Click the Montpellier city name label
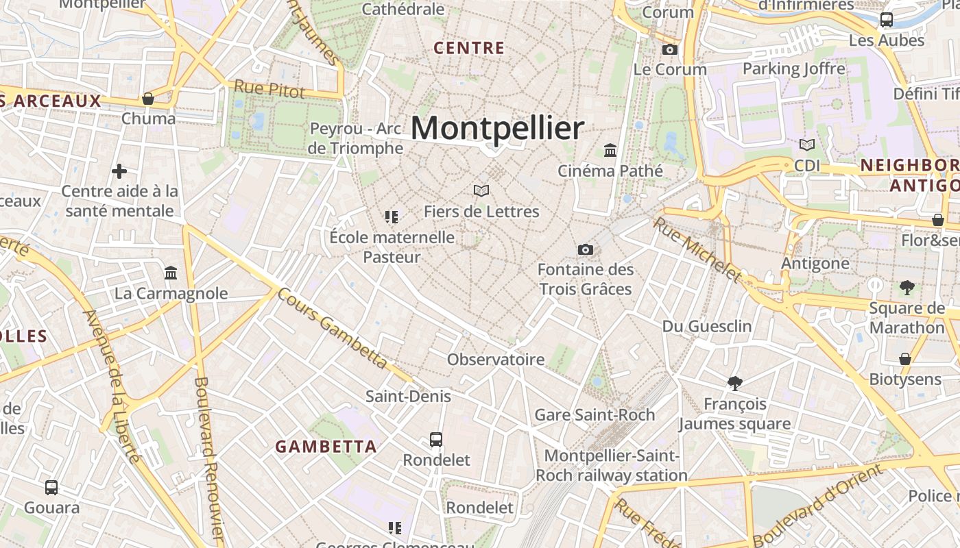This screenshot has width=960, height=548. coord(497,128)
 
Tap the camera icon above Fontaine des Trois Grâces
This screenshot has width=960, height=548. coord(586,249)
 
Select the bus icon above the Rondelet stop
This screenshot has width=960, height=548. coord(436,439)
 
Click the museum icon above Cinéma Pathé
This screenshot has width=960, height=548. coord(610,150)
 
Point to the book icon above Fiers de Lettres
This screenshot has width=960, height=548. coord(481,190)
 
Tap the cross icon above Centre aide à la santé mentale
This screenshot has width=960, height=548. coord(119,171)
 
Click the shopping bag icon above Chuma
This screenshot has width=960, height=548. coord(148,99)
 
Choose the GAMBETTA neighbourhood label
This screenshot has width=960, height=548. coord(326,447)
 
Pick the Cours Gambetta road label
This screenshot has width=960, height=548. coord(333,329)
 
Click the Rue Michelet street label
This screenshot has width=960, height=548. coord(697,249)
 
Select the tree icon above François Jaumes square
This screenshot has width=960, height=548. coord(735,384)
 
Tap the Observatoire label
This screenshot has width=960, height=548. coord(496,359)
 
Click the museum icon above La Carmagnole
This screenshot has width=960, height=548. coord(171,273)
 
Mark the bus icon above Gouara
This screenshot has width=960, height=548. coord(51,488)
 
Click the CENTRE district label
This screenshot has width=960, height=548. coord(470,48)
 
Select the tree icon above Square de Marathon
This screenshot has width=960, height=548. coord(907,288)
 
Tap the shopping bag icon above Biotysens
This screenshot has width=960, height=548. coord(905,359)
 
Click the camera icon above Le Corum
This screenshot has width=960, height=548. coord(670,49)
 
